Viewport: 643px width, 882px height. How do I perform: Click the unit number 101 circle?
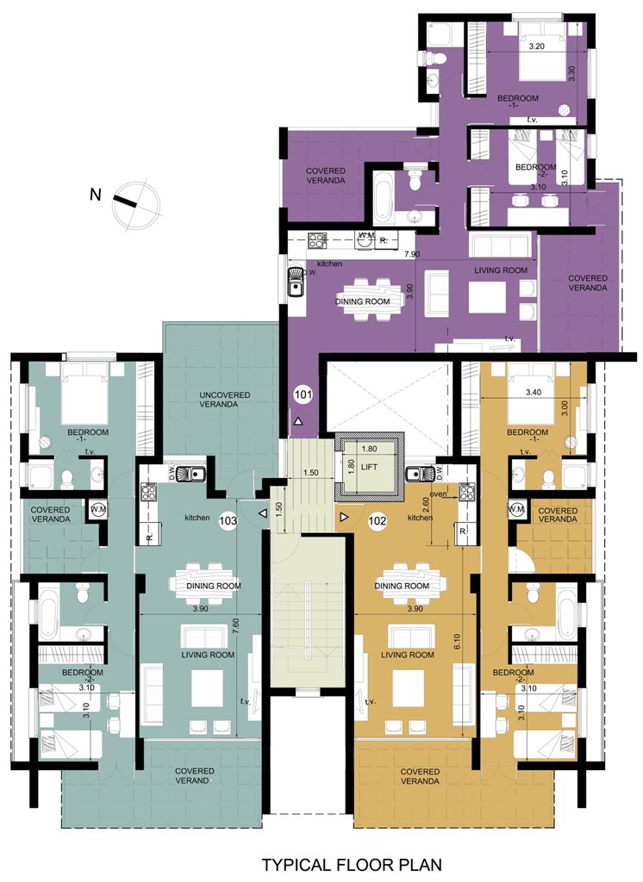click(303, 394)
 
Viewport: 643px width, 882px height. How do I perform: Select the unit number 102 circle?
click(377, 520)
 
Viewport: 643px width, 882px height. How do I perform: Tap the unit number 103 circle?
click(228, 520)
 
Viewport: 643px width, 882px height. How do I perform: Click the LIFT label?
click(370, 467)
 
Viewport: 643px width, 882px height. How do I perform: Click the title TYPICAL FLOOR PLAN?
click(352, 864)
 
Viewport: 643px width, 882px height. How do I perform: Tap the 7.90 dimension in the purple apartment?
click(412, 254)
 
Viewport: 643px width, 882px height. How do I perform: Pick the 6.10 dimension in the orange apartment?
click(457, 641)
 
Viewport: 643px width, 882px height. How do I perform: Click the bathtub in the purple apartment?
click(383, 199)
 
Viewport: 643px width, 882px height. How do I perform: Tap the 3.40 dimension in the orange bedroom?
click(533, 393)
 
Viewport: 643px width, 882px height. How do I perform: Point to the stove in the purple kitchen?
click(317, 241)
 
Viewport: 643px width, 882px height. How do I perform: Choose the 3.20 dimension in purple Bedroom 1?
click(537, 47)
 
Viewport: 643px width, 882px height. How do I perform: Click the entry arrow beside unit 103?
click(263, 513)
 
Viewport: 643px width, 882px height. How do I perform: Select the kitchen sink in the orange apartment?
click(419, 475)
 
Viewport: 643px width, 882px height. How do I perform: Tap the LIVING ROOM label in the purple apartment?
click(501, 270)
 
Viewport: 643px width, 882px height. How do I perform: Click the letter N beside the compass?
click(96, 195)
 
